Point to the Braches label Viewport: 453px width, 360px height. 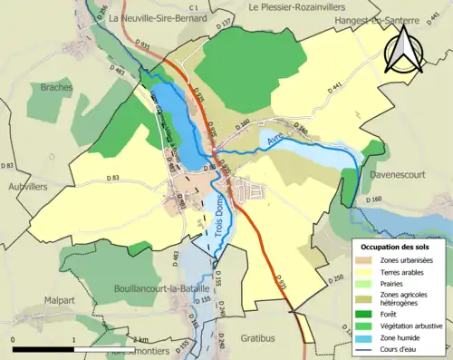click(56, 87)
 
